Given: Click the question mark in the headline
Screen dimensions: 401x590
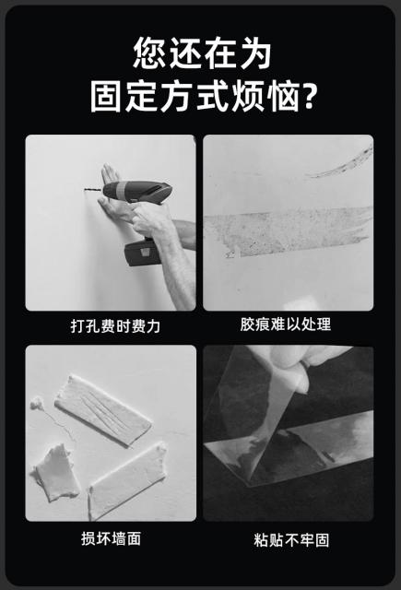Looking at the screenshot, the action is [x=309, y=96].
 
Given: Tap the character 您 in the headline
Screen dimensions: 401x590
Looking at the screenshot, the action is [x=149, y=53].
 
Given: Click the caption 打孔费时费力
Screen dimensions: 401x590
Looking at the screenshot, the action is [x=115, y=325].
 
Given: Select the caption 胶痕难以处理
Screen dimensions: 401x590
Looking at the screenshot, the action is [x=286, y=324].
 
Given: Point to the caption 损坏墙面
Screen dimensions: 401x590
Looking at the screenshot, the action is [x=111, y=538].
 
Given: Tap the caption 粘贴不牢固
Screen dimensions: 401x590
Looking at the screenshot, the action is [x=291, y=540].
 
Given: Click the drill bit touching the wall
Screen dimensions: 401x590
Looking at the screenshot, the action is [x=93, y=190].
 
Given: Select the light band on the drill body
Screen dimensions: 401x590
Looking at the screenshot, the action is [x=121, y=190].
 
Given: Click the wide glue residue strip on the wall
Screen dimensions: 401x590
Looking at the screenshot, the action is [x=288, y=230].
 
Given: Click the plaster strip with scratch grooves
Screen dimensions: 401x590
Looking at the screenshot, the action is [x=102, y=409].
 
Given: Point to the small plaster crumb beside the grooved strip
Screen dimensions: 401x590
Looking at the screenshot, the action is [x=36, y=404].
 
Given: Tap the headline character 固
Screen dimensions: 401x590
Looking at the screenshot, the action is [x=107, y=96].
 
